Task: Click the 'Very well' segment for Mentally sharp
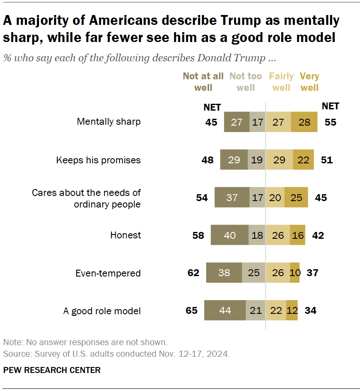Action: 304,122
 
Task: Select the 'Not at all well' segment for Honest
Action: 229,235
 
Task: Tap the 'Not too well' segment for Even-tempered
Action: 253,273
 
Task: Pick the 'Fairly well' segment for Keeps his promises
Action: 279,160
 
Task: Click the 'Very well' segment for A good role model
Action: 292,310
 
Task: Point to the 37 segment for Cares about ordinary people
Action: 231,198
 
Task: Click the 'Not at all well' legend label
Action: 203,82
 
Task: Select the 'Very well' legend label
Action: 309,82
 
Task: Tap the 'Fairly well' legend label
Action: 281,82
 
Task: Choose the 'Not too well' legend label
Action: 246,82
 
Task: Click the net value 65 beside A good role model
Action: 192,310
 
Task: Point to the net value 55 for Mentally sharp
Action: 330,122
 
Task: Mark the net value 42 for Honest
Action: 318,235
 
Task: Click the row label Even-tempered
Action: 108,273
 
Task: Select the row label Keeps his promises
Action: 99,160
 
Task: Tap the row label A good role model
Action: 102,311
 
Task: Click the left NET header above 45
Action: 212,107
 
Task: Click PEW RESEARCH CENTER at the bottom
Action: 52,370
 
